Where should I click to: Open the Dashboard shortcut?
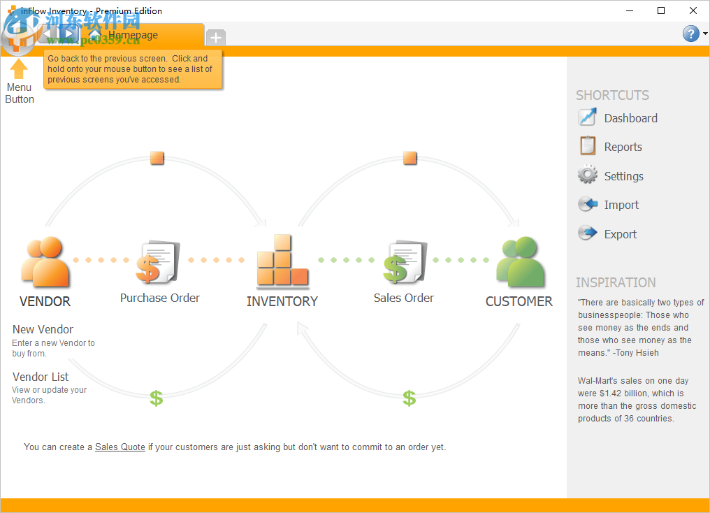[618, 118]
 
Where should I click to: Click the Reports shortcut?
[610, 147]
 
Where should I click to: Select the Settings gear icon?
[588, 175]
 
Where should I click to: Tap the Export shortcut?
[607, 234]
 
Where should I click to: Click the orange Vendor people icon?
[45, 262]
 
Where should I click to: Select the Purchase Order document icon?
[158, 262]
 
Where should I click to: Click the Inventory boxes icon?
[282, 262]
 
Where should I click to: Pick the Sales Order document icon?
[404, 262]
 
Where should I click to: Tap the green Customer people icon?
[519, 262]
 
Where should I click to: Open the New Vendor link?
[43, 329]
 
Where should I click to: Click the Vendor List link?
[41, 377]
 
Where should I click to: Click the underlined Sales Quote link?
[120, 447]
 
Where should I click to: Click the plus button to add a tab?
[216, 37]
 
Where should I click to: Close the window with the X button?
[693, 10]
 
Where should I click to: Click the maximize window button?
[661, 10]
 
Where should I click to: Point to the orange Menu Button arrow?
[19, 68]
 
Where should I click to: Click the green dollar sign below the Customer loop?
[410, 398]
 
